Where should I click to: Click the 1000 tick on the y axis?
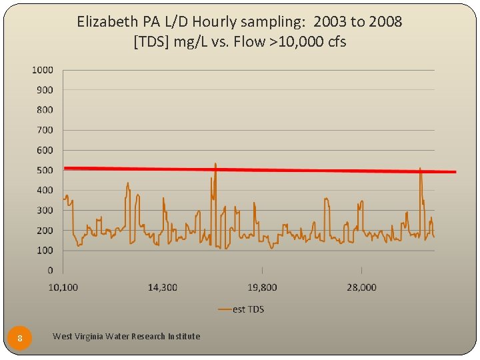click(x=43, y=69)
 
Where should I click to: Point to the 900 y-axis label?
click(x=45, y=89)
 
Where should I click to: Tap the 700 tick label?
click(x=45, y=130)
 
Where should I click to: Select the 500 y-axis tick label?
click(x=45, y=170)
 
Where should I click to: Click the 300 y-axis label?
click(x=45, y=210)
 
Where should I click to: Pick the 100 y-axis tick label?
click(x=45, y=250)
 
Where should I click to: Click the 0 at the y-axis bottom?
click(x=50, y=271)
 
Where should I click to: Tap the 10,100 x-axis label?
click(x=63, y=287)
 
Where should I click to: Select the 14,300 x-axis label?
click(x=162, y=287)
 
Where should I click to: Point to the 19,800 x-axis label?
click(x=262, y=287)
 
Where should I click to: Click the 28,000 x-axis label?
click(x=361, y=287)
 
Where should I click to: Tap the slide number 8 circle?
click(x=20, y=338)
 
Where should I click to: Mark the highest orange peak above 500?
click(x=215, y=163)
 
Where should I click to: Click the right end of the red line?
click(x=455, y=172)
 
